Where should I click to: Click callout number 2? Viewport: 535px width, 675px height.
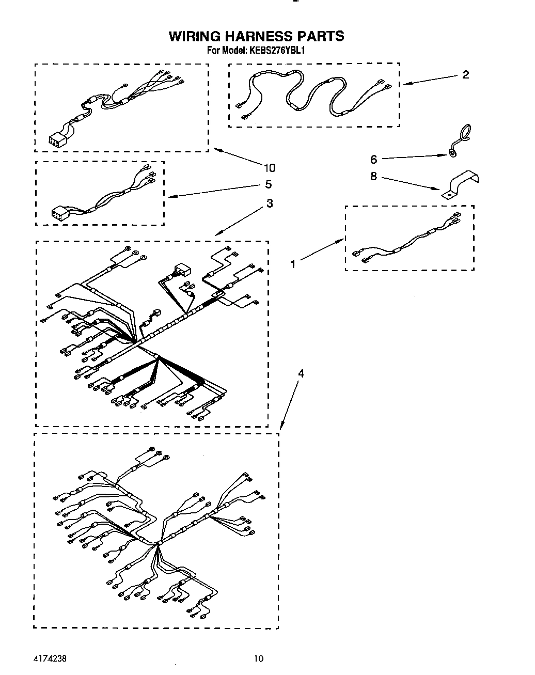(x=465, y=75)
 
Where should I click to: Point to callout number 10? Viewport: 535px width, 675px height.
(x=269, y=167)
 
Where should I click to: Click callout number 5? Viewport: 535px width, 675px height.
(x=268, y=184)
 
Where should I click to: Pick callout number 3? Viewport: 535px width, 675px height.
(x=270, y=203)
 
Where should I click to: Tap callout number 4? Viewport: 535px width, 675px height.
(x=301, y=373)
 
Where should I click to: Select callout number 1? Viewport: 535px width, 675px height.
(x=293, y=264)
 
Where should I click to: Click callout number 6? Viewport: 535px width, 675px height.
(x=373, y=160)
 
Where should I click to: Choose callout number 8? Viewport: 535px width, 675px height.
(x=373, y=177)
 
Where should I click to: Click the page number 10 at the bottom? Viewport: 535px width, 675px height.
(x=259, y=658)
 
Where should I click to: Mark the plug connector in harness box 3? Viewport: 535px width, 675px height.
(x=181, y=269)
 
